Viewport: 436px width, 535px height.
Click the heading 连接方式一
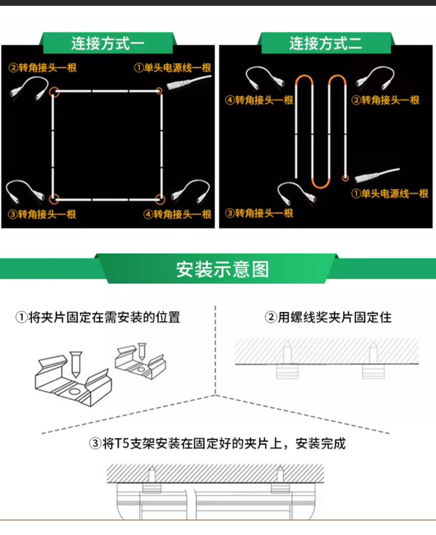point(108,43)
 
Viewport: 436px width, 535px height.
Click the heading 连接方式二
point(326,43)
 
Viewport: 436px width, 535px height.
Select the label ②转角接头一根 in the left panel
point(42,67)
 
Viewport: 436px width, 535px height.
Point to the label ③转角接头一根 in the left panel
point(42,214)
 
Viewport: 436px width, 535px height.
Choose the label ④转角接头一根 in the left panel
point(177,214)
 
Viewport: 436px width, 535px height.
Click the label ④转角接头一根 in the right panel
point(259,100)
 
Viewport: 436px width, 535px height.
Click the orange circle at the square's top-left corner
point(53,91)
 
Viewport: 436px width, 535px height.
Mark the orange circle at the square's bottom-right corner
point(160,199)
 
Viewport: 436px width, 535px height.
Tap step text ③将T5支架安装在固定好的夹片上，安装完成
point(217,444)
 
